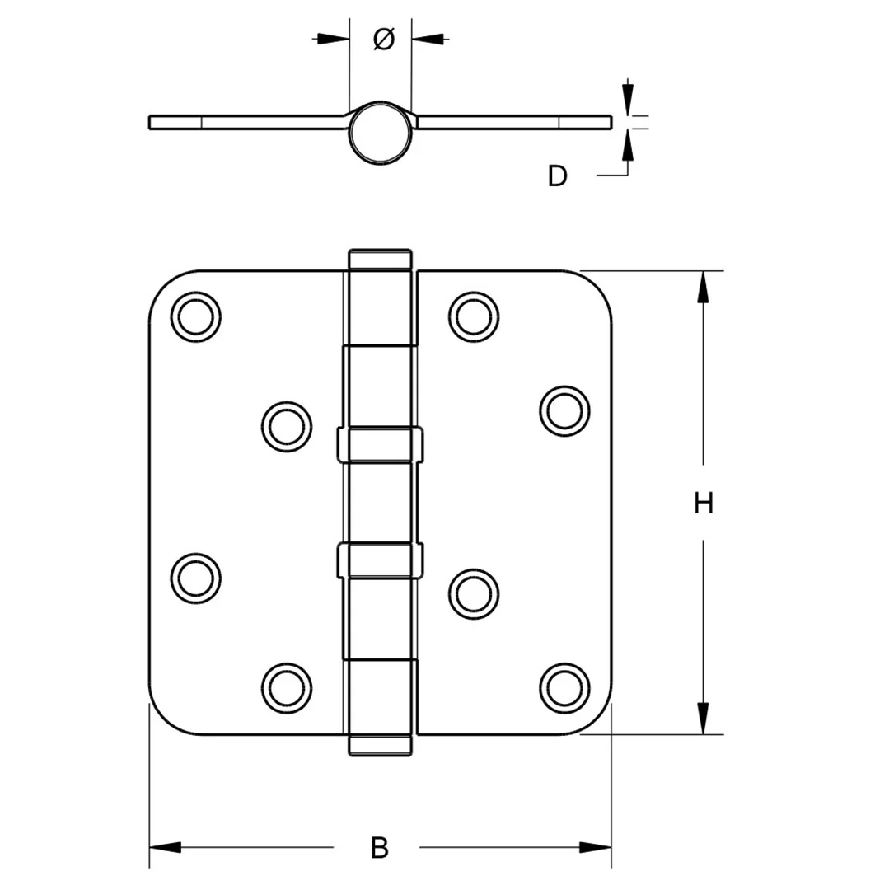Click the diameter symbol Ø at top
tap(384, 38)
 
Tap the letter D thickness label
tap(558, 176)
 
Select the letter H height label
tap(703, 503)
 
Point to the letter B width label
tap(379, 847)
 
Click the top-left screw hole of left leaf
tap(197, 316)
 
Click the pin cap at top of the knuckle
tap(380, 259)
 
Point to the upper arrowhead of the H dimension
tap(703, 288)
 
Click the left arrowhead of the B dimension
tap(165, 847)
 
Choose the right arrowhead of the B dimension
tap(595, 847)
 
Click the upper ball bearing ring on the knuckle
tap(380, 444)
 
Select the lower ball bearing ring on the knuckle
tap(380, 560)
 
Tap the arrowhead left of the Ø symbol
tap(330, 38)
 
